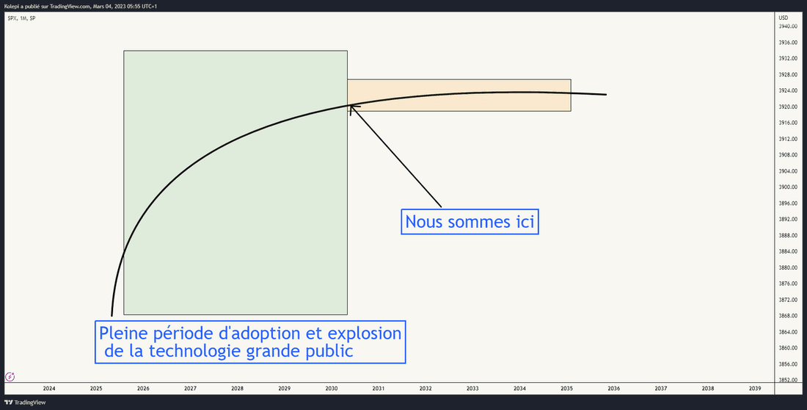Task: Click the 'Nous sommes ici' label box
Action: [470, 222]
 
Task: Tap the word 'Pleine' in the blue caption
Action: [123, 333]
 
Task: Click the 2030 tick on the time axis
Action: [332, 389]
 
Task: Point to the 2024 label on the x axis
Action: [49, 389]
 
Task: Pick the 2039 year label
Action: [755, 389]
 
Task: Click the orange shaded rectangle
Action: [459, 95]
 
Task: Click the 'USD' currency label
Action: [783, 18]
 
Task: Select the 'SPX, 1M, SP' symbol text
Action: [21, 18]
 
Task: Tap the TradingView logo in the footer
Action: [18, 402]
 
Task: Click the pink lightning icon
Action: [10, 376]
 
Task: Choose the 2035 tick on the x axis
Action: [566, 389]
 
